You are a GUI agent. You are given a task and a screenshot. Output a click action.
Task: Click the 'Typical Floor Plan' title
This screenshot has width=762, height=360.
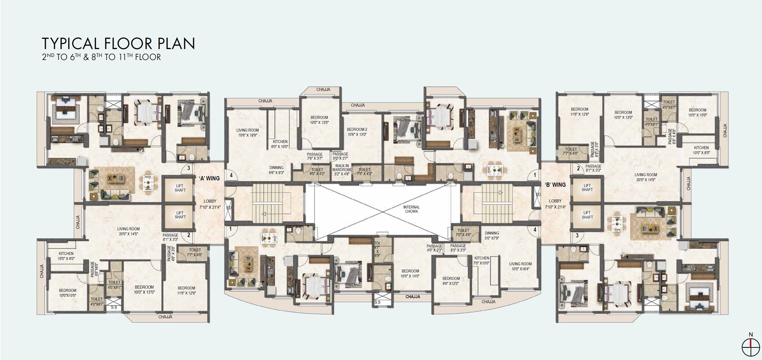[x=118, y=44]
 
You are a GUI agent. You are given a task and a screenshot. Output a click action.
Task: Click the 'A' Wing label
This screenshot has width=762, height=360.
[x=209, y=178]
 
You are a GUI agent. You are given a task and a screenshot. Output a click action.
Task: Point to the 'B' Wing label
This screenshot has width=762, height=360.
[x=555, y=185]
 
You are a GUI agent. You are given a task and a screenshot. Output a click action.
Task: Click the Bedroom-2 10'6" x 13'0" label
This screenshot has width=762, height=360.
[x=357, y=132]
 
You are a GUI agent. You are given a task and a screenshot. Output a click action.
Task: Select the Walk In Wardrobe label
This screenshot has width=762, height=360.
[x=342, y=170]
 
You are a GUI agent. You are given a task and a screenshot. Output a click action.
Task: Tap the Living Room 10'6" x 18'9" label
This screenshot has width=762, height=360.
[x=247, y=133]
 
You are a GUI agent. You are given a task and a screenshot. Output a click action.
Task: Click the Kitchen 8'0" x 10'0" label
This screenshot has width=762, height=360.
[x=280, y=144]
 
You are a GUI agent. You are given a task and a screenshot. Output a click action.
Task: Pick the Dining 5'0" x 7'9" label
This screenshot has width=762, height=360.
[x=492, y=235]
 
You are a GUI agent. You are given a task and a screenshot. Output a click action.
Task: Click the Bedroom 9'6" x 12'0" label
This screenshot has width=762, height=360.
[x=451, y=281]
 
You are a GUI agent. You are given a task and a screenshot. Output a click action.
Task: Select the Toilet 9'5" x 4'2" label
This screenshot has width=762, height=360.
[x=317, y=172]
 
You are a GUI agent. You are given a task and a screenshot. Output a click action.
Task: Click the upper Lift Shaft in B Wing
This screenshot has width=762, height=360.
[x=587, y=188]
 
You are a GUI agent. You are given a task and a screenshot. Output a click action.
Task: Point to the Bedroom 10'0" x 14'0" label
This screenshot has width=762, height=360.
[x=410, y=274]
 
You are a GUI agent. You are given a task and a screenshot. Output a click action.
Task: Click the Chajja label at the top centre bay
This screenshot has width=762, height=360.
[x=323, y=90]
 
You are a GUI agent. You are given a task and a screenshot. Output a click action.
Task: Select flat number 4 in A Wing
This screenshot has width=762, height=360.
[x=231, y=176]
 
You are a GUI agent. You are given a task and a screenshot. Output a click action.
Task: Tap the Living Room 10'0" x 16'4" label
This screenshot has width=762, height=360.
[x=520, y=266]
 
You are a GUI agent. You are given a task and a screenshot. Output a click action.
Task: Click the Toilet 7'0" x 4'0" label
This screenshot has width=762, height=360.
[x=463, y=232]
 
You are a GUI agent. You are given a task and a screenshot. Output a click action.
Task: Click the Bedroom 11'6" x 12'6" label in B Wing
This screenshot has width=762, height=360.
[x=579, y=112]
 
